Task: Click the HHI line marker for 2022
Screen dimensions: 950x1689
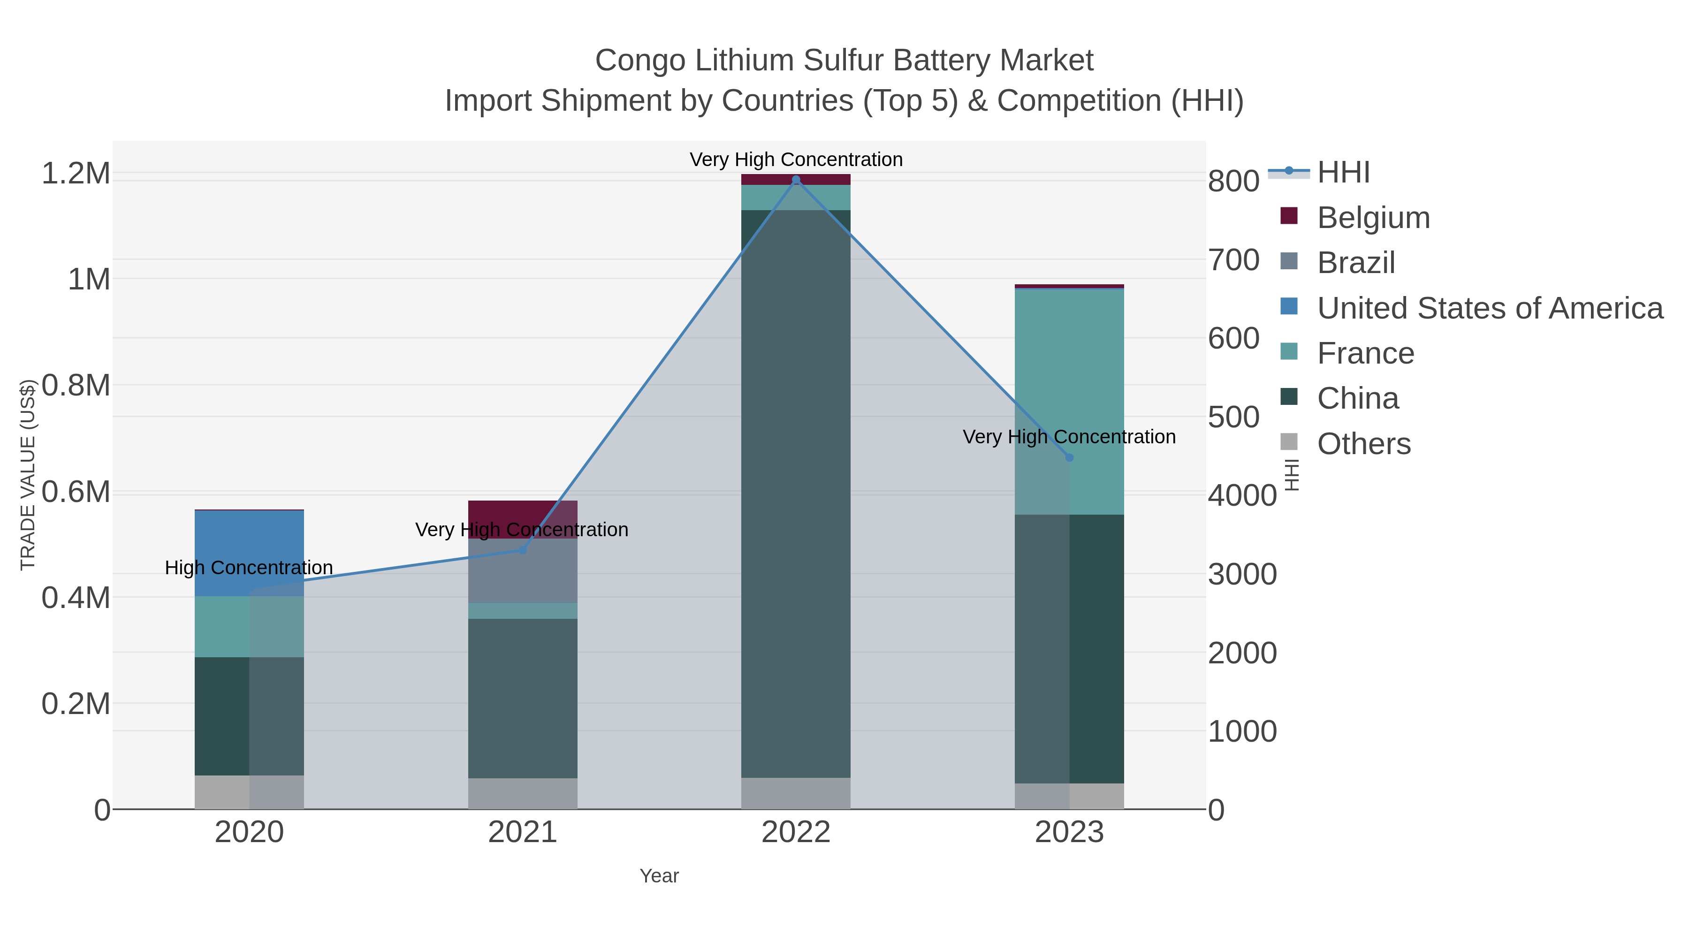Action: click(796, 180)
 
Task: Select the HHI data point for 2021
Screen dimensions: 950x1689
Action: click(523, 550)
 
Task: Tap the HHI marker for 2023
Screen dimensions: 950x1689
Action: click(1069, 457)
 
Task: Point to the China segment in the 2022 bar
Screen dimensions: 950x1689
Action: click(796, 492)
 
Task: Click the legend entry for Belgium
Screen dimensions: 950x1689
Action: click(1373, 217)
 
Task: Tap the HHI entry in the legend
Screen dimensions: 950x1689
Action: click(1343, 173)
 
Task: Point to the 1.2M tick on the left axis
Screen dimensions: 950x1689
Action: click(76, 174)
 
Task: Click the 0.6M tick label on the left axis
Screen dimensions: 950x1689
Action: click(76, 492)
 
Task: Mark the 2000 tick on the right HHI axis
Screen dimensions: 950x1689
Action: click(1242, 653)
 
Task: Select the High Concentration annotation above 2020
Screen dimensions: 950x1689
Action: click(249, 567)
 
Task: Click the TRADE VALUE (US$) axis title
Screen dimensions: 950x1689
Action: click(28, 475)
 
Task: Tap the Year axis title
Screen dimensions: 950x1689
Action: click(659, 876)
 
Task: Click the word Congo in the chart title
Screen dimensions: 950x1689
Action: click(640, 61)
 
